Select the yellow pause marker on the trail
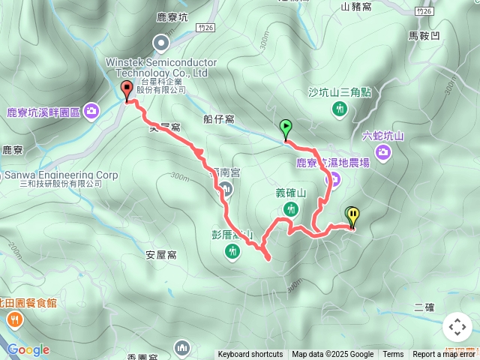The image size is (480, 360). pos(352,216)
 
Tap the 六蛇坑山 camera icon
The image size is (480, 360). pos(383,153)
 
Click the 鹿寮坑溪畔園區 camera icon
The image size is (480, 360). pos(91,111)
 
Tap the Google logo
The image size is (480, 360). pos(28,349)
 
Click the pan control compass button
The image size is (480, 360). pos(457,327)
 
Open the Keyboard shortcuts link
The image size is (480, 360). pos(250,355)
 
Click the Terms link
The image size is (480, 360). pos(393,355)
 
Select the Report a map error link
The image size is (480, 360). pos(445,355)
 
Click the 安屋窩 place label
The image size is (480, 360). pos(161,255)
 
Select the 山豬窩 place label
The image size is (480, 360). pos(356,7)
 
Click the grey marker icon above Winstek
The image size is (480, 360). pos(160,43)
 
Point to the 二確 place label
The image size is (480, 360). pos(424,307)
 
